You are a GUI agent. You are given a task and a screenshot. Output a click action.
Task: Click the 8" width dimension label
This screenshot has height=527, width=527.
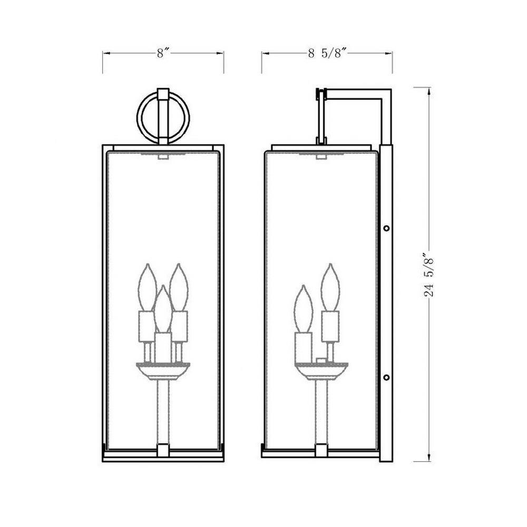click(x=163, y=53)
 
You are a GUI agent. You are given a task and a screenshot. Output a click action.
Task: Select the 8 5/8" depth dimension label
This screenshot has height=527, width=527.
click(x=327, y=53)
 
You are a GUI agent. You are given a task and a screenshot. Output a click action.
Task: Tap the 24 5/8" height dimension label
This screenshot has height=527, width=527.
click(x=429, y=275)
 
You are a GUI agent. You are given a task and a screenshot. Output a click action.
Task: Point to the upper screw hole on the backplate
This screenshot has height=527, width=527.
click(x=386, y=228)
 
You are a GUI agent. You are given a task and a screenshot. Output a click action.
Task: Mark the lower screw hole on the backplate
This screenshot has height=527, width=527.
click(x=386, y=377)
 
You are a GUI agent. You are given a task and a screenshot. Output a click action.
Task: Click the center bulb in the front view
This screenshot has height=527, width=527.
click(x=163, y=309)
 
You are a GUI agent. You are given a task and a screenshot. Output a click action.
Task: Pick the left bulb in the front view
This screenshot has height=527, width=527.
click(x=147, y=287)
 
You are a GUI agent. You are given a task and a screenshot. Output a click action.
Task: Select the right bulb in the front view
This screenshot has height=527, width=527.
click(x=179, y=287)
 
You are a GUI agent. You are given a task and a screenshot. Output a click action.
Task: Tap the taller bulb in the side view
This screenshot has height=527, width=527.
click(x=330, y=287)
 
